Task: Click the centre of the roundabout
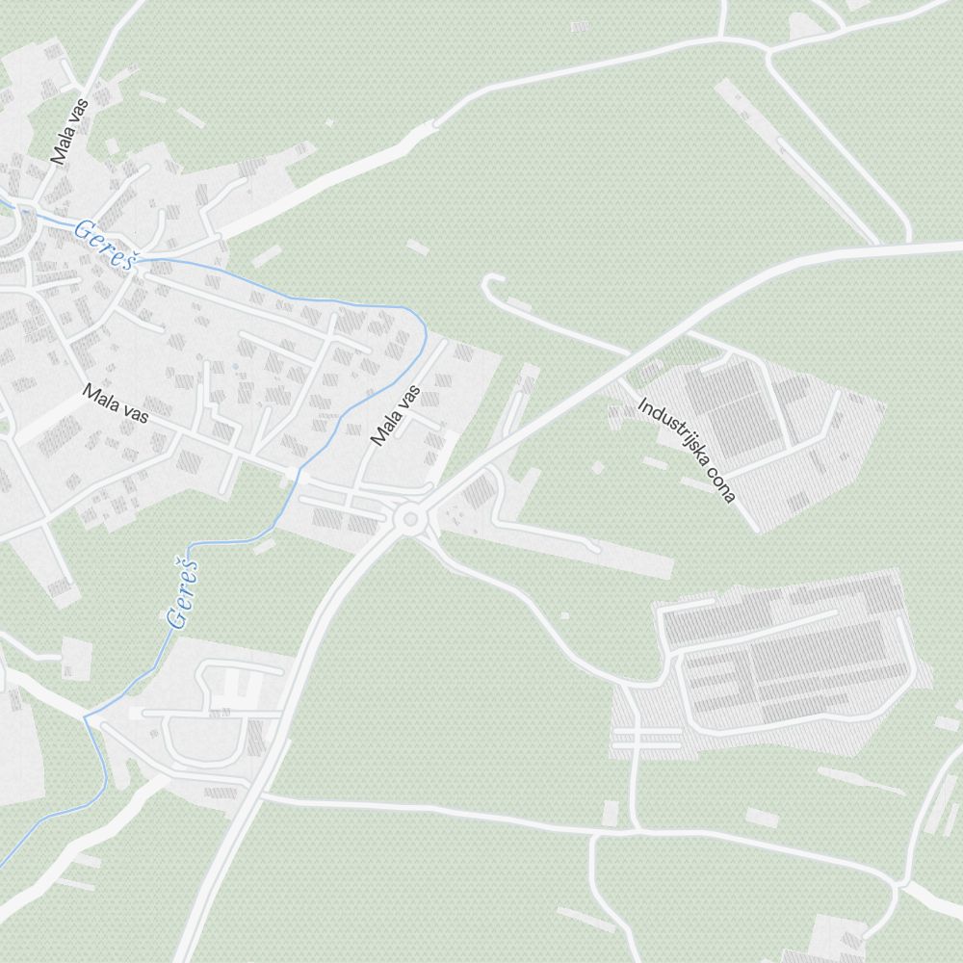(411, 520)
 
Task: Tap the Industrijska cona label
(687, 450)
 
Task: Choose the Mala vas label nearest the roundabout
(397, 416)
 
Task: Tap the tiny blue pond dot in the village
(234, 367)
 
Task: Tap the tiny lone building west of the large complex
(564, 615)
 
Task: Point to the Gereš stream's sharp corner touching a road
(86, 717)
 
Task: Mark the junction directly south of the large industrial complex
(635, 829)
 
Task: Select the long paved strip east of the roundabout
(578, 549)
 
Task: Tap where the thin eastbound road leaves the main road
(262, 796)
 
